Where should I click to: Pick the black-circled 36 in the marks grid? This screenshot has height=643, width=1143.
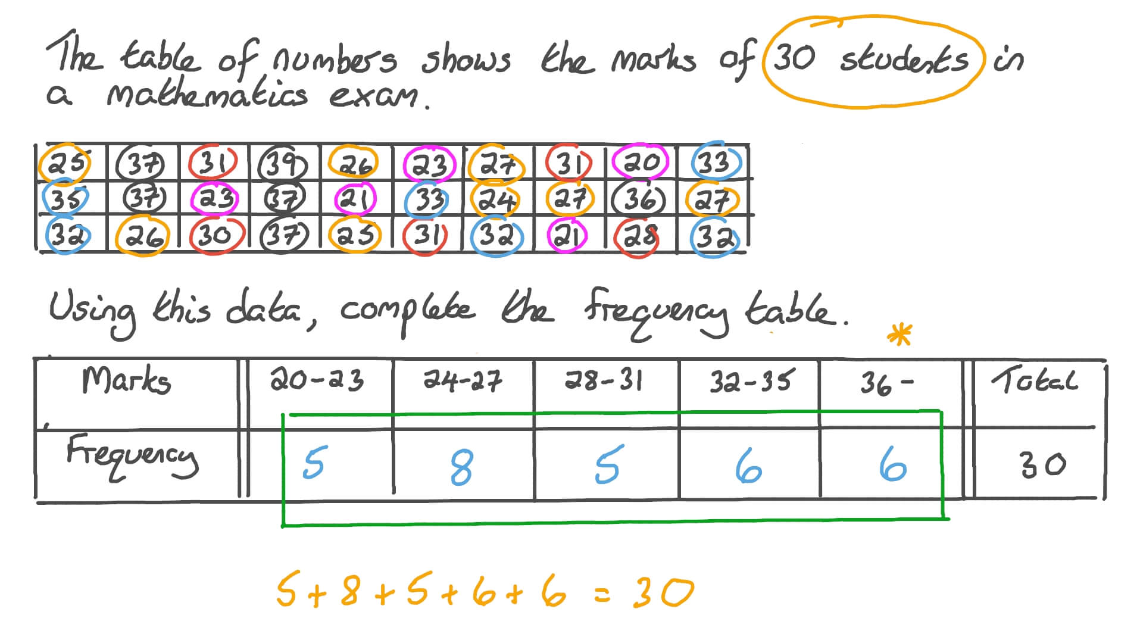[641, 199]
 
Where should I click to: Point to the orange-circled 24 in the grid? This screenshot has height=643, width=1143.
[495, 199]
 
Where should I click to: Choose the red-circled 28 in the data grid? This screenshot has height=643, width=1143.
[639, 236]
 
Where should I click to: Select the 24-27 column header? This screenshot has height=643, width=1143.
[463, 380]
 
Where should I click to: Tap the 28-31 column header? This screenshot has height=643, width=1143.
[604, 380]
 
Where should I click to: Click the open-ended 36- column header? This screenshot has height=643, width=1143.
[886, 383]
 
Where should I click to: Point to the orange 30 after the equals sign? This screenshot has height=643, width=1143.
[663, 592]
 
